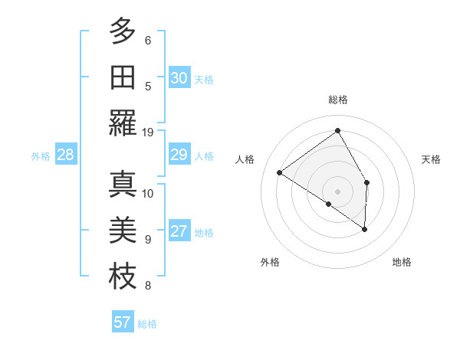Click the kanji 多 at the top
point(123,31)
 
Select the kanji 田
point(123,77)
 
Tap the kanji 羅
point(123,123)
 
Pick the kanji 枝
point(123,277)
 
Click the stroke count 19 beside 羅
point(148,132)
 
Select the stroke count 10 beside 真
point(148,193)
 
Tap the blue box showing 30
point(179,78)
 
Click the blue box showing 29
point(179,155)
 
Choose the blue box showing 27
point(179,232)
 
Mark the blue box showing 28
point(65,155)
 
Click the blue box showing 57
point(122,322)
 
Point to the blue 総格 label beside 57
point(147,324)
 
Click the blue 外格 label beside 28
point(41,156)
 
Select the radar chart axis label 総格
point(338,100)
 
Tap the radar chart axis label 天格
point(431,159)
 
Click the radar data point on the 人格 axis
point(280,172)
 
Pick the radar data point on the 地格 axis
point(365,229)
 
